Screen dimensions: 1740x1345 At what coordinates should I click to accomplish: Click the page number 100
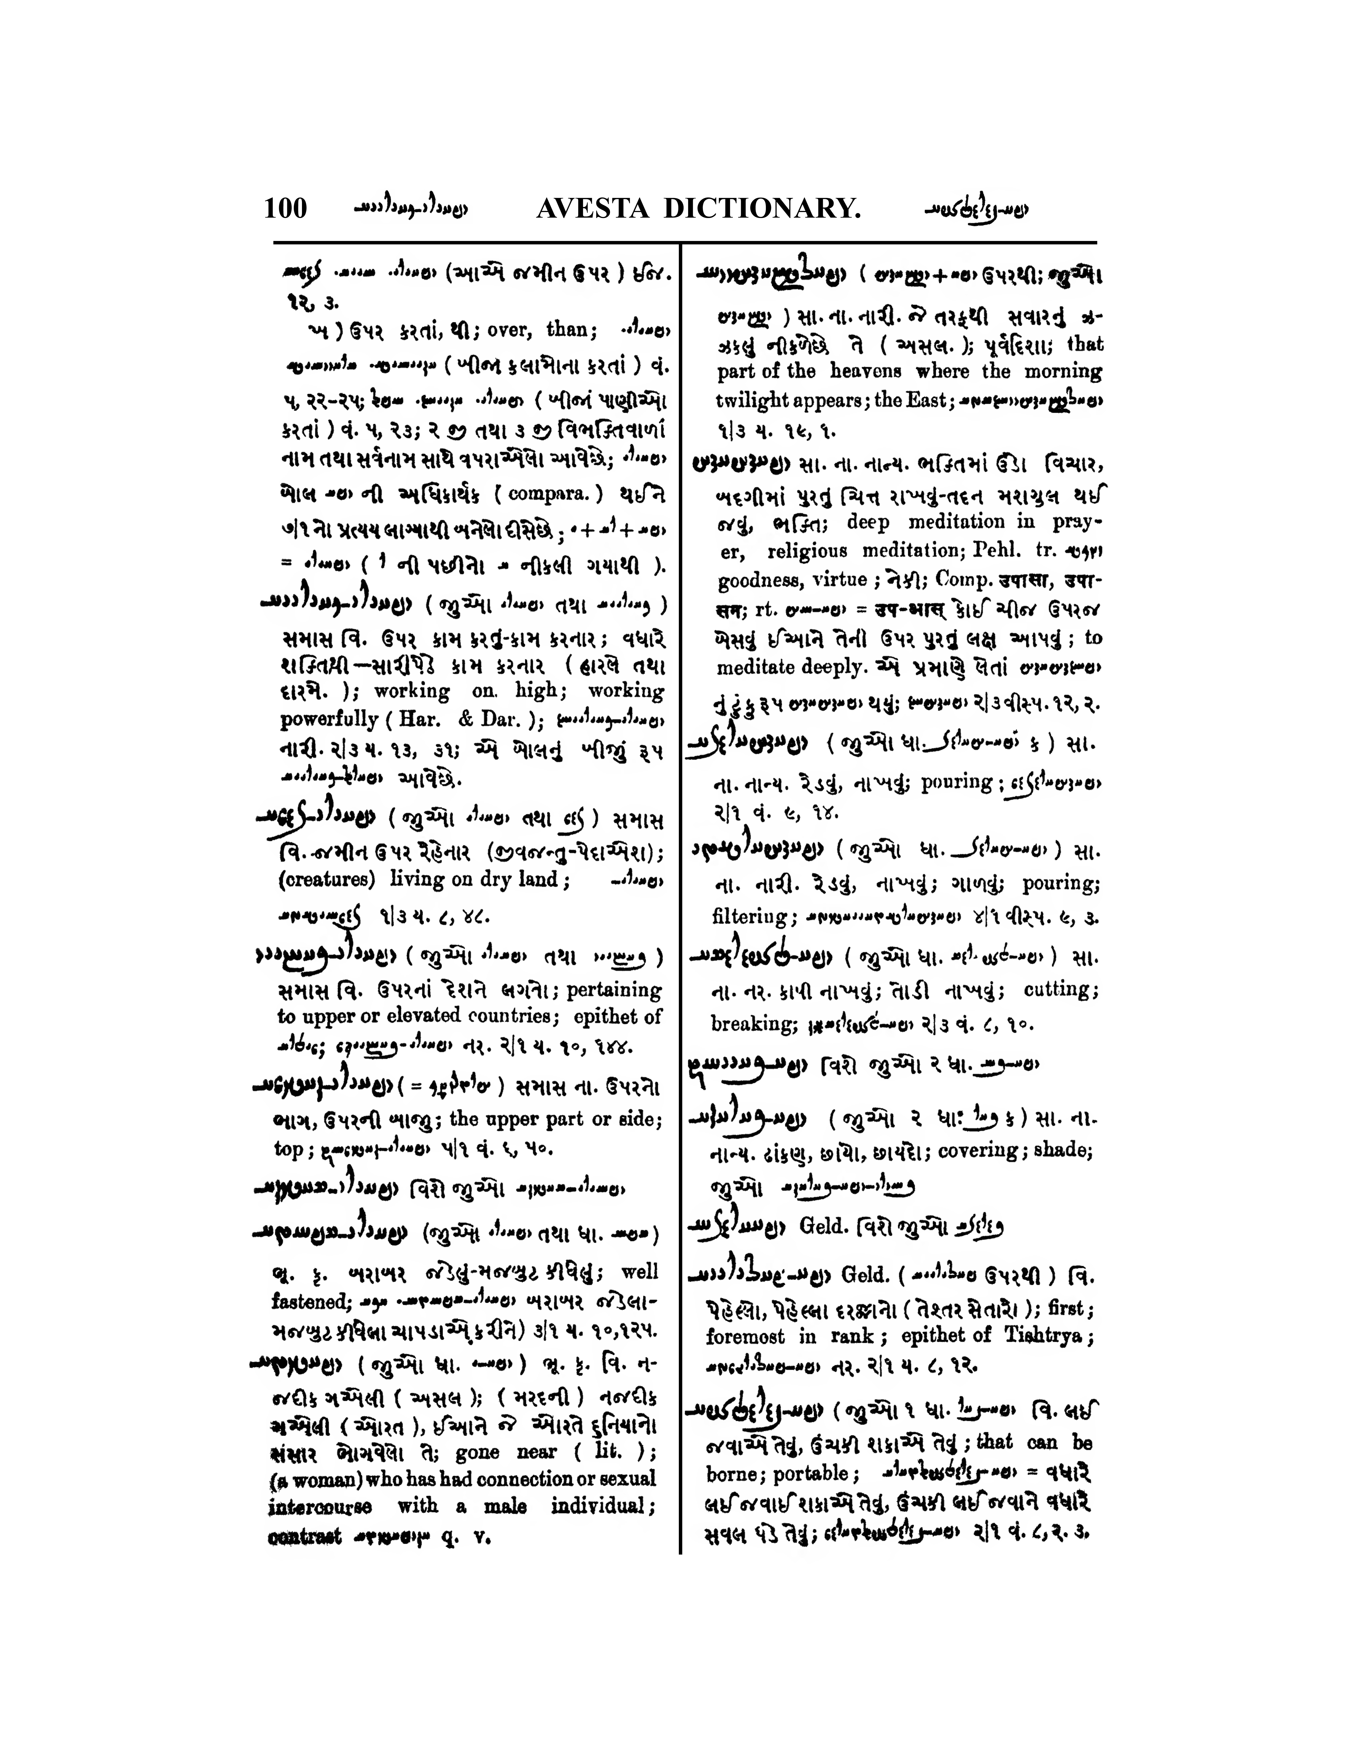(285, 208)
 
